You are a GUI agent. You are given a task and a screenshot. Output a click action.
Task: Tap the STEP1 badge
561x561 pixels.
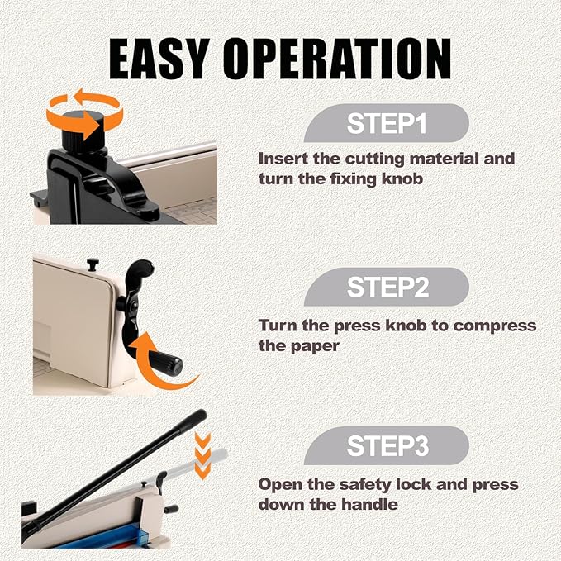387,125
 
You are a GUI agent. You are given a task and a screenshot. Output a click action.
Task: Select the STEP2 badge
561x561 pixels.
387,288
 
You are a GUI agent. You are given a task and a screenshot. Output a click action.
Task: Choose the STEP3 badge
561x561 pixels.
387,447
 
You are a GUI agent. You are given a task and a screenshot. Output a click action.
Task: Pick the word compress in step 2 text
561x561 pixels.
496,326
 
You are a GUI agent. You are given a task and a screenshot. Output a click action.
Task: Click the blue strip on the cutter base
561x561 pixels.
107,532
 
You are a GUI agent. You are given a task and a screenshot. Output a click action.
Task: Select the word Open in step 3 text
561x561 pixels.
278,484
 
